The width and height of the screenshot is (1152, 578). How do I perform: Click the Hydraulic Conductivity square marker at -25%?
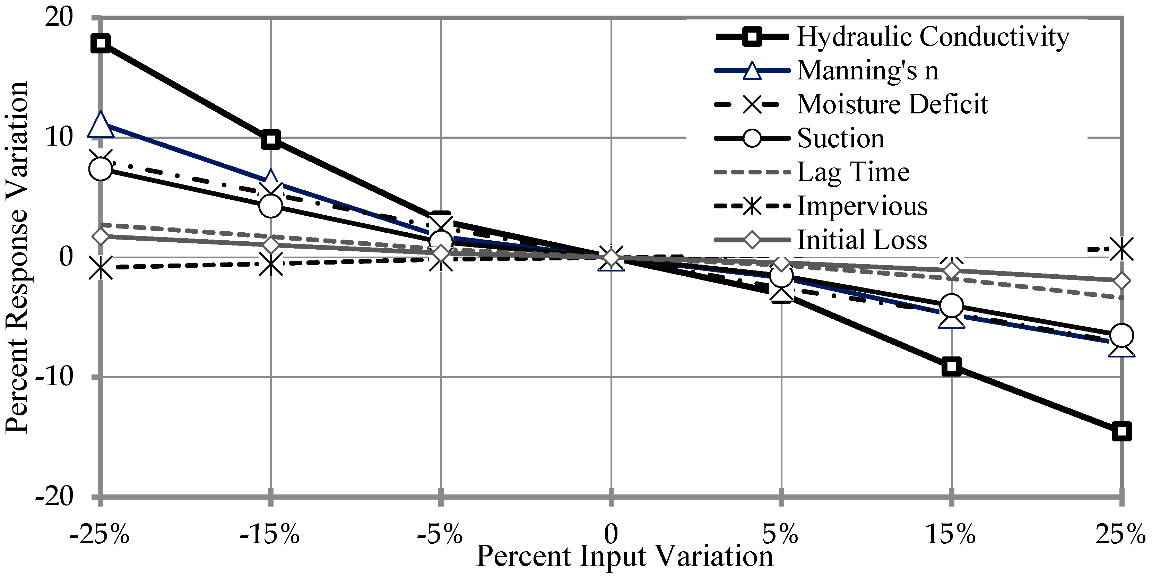pos(101,43)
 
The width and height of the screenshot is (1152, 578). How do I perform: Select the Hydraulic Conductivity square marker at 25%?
pos(1121,432)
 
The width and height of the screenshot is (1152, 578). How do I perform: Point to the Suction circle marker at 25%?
pos(1121,335)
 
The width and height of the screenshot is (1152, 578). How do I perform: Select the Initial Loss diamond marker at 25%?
pos(1121,281)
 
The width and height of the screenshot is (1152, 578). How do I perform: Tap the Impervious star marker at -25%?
pos(101,268)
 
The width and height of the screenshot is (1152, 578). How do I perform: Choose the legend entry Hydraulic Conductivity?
pos(933,37)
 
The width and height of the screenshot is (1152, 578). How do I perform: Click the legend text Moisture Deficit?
pos(892,105)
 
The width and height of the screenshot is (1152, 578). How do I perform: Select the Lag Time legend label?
pos(853,172)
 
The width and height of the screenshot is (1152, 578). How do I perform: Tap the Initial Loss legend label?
pos(862,240)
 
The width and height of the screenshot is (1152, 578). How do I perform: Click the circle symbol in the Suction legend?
pos(752,138)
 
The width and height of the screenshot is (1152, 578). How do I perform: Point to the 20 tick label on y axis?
pos(59,18)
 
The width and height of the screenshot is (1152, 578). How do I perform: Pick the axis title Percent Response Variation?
pos(17,257)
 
